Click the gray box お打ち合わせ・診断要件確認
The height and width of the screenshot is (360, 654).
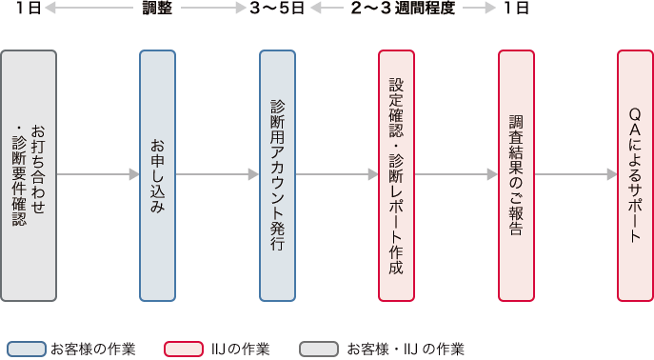(x=29, y=174)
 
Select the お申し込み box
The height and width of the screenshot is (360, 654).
(x=157, y=174)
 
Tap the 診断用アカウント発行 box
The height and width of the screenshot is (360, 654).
(x=277, y=174)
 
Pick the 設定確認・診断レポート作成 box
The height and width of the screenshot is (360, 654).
(x=397, y=174)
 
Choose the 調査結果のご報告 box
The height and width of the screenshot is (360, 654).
(x=516, y=174)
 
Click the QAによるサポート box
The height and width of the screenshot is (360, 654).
(x=635, y=174)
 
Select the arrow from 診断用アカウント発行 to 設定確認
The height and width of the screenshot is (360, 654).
(x=337, y=174)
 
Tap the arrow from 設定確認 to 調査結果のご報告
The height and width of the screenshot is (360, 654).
(x=457, y=174)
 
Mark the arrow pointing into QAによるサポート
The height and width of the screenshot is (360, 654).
(x=576, y=174)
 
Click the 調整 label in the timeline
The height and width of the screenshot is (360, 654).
(x=157, y=10)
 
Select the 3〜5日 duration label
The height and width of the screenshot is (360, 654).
(x=277, y=10)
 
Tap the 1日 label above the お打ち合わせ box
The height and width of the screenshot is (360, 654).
(x=29, y=10)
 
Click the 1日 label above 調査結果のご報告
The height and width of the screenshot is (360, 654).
(x=516, y=10)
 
